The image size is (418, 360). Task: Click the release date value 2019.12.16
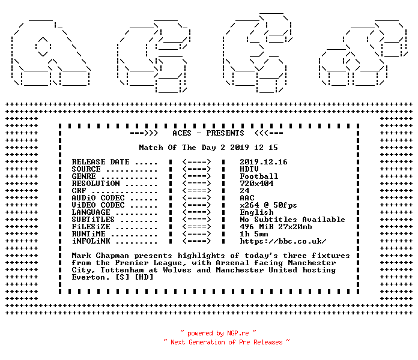coord(264,162)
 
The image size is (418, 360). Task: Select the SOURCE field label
coord(86,169)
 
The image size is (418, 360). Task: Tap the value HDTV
coord(249,169)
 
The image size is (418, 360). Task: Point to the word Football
coord(259,176)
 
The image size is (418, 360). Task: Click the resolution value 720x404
coord(256,184)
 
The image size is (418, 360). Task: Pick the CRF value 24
coord(244,191)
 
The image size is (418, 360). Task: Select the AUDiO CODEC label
coord(98,198)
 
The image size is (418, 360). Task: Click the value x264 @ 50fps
coord(268,205)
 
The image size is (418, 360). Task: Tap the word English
coord(256,212)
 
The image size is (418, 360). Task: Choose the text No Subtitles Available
coord(292,220)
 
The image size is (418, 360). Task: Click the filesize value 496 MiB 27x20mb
coord(276,227)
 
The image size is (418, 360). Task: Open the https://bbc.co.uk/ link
coord(283,241)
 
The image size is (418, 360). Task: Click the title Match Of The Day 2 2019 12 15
coord(208,148)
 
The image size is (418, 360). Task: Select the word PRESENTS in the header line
coord(225,133)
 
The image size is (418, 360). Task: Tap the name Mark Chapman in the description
coord(100,256)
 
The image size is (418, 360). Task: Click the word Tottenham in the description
coord(122,270)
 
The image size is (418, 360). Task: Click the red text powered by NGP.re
coord(218,333)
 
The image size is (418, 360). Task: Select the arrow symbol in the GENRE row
coord(197,176)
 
